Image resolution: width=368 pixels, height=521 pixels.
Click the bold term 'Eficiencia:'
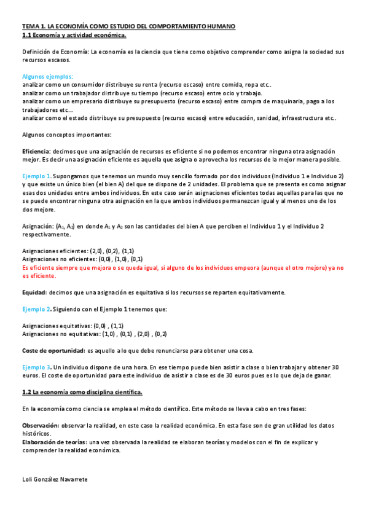click(x=36, y=150)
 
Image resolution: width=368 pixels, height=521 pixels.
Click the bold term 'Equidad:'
click(x=34, y=292)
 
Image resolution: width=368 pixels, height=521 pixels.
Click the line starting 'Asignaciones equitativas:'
click(x=72, y=326)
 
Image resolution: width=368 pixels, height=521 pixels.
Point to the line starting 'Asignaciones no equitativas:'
click(x=94, y=334)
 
